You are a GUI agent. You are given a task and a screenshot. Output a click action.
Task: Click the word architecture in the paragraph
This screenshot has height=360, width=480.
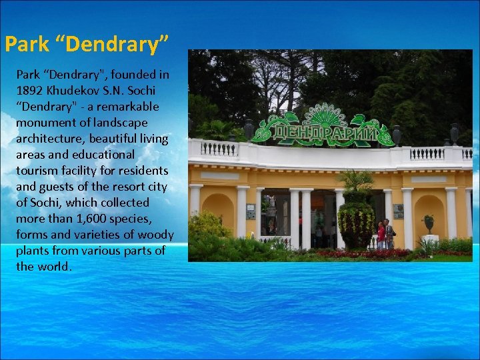tap(48, 139)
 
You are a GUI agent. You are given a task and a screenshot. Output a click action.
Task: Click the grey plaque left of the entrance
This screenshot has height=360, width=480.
tap(251, 211)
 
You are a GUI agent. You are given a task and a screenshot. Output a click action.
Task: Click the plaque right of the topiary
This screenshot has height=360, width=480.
tap(398, 211)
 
